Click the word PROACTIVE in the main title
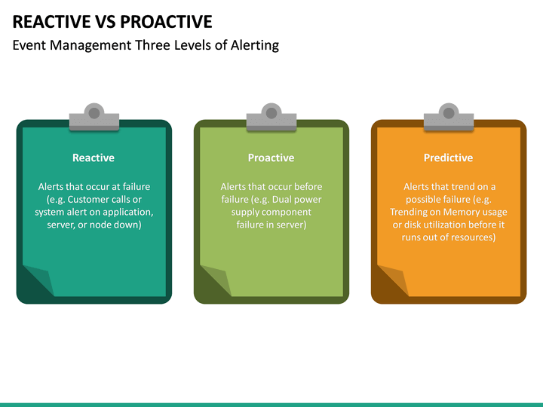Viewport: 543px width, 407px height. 167,21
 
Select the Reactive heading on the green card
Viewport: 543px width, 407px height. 94,158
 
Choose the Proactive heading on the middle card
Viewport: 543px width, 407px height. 271,158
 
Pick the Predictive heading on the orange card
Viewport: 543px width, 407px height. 448,158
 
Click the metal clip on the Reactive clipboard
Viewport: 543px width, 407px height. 94,117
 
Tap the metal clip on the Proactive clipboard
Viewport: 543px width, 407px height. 271,117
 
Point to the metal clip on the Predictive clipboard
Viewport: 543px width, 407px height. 449,117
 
